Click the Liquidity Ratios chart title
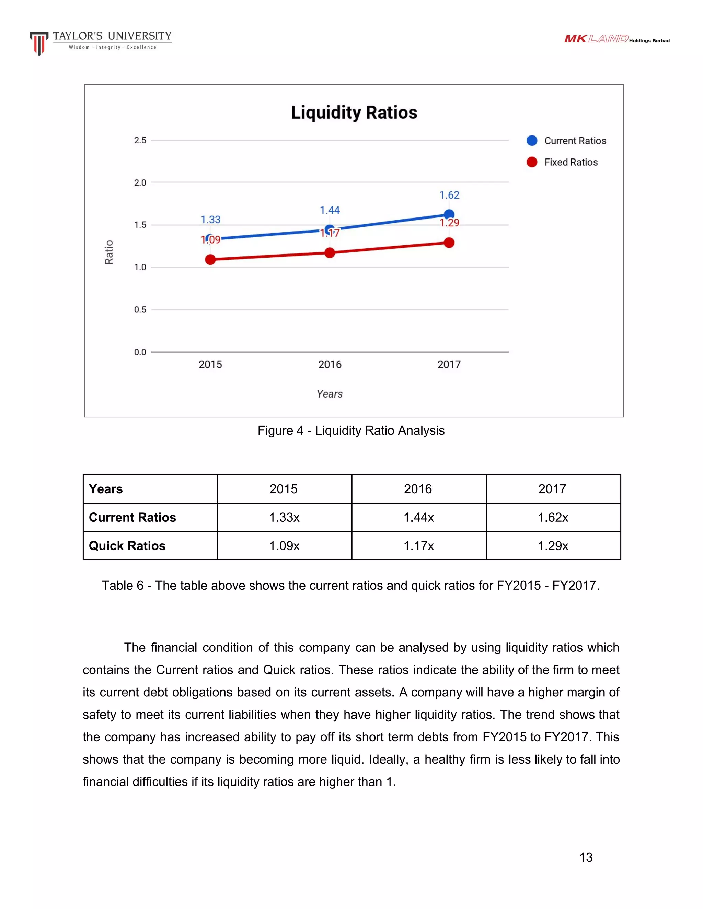pos(354,113)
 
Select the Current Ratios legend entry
pos(566,141)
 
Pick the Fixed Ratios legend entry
pos(562,162)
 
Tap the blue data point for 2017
pos(449,215)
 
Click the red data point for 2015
pos(210,260)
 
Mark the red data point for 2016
pos(330,253)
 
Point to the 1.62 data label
pos(449,195)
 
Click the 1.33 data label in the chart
pos(210,220)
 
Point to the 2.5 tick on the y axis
pos(140,141)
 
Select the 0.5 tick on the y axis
pos(140,310)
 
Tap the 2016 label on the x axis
pos(330,365)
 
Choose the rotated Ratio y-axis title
pos(109,252)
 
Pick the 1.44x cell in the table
pos(418,517)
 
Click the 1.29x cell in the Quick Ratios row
pos(553,546)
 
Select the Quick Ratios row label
pos(127,546)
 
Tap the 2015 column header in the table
pos(284,489)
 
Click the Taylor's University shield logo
pos(39,43)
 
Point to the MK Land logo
pos(616,39)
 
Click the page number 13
pos(586,858)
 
